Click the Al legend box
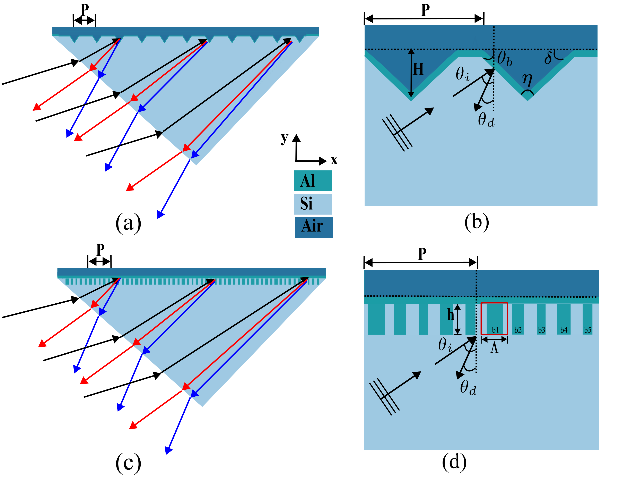tap(313, 181)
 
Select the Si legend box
tap(313, 204)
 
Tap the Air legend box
tap(313, 227)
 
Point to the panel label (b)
tap(477, 222)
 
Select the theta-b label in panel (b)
tap(505, 59)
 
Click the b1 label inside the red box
tap(495, 330)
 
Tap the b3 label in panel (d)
tap(541, 330)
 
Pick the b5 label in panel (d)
tap(587, 330)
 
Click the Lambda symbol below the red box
tap(494, 348)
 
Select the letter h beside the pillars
tap(450, 315)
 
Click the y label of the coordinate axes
tap(284, 138)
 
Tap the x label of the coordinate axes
tap(334, 160)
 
